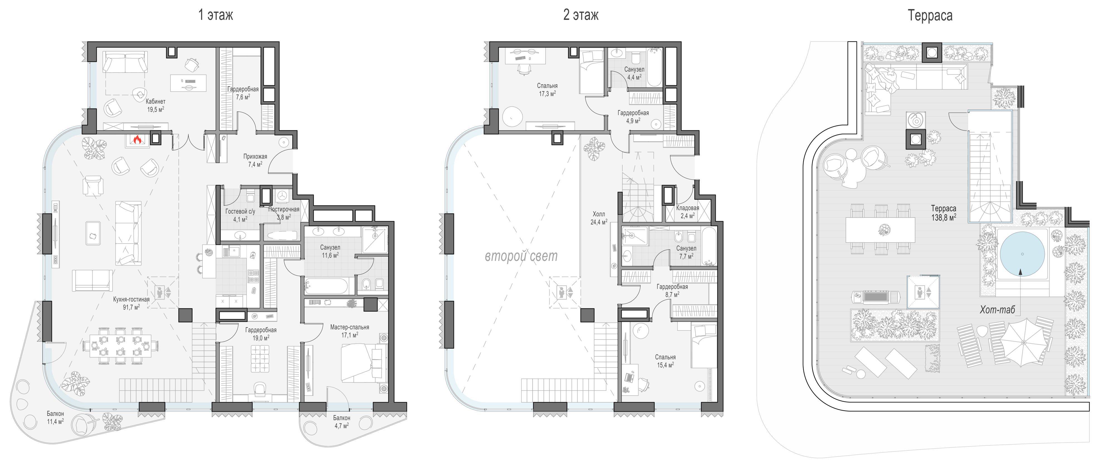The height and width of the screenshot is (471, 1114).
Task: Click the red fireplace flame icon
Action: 138,139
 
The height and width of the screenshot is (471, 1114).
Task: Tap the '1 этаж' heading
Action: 215,15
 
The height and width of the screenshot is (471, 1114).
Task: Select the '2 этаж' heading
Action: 581,15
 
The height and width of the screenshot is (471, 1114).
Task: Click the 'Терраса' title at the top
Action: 930,16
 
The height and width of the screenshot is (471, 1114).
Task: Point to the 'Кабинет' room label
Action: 155,101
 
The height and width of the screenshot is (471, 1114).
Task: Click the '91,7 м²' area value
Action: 131,307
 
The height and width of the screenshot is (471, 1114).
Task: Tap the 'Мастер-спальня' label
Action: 350,327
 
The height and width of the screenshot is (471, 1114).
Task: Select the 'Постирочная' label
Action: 284,209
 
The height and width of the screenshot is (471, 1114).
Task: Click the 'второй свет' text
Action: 521,256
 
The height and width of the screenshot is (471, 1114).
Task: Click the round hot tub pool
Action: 1022,254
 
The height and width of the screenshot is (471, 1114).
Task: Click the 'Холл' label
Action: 599,214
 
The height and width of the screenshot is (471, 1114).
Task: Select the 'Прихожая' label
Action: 255,157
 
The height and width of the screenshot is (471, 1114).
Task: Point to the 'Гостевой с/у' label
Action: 240,212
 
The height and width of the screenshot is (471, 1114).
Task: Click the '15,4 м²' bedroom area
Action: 665,365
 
